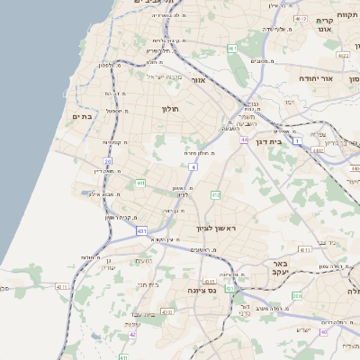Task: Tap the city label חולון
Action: click(x=171, y=109)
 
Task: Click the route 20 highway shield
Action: click(x=107, y=162)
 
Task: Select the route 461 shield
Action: click(x=232, y=49)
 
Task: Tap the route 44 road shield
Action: click(x=243, y=139)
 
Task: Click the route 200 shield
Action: click(x=298, y=295)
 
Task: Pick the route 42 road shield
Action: click(x=132, y=334)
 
